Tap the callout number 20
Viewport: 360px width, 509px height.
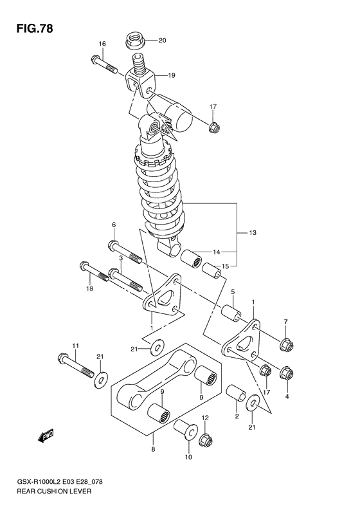[x=162, y=41]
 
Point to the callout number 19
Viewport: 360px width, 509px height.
[x=171, y=75]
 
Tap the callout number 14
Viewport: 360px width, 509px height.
[x=216, y=252]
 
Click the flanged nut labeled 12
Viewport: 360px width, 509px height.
[x=206, y=441]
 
